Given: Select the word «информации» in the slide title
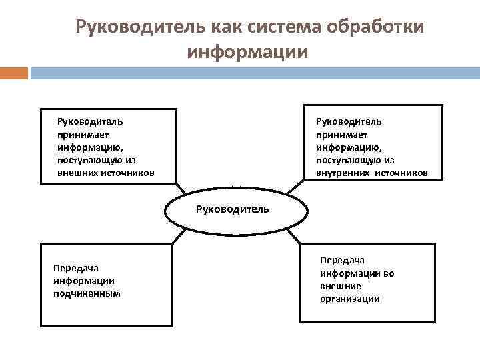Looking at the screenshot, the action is (248, 52).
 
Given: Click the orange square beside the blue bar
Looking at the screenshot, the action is (13, 73).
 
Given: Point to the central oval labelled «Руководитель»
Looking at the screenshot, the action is (237, 209).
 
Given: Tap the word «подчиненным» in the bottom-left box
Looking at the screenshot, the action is (87, 293).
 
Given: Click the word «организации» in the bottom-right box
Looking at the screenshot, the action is (349, 299).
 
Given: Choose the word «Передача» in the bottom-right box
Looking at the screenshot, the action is (342, 261).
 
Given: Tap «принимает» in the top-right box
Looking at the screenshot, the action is (340, 134).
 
